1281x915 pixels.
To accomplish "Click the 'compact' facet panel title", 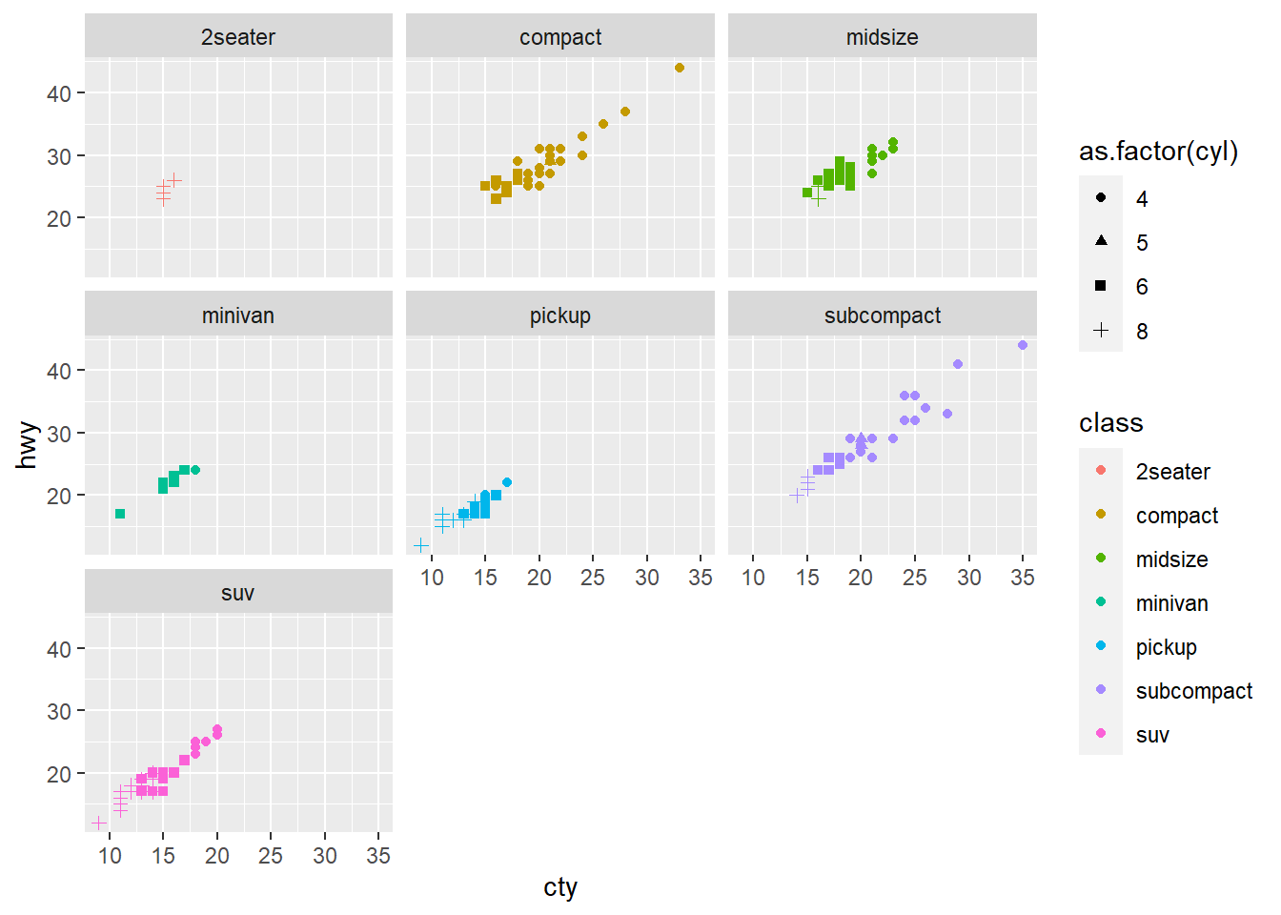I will [560, 37].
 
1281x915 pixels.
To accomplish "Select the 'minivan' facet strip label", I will [238, 315].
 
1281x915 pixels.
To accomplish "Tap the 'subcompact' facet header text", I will [882, 315].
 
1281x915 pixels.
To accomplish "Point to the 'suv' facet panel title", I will [238, 593].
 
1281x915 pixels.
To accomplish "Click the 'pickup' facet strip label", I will [560, 315].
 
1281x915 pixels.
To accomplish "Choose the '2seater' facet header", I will [238, 37].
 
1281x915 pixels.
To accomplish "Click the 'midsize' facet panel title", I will [882, 37].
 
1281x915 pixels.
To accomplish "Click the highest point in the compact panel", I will [680, 68].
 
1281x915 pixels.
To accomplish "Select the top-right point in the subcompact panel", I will [1023, 345].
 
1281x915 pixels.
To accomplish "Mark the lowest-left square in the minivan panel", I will [120, 514].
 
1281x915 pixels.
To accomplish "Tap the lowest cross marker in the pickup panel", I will [421, 545].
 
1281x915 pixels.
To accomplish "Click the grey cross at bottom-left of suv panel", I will [98, 823].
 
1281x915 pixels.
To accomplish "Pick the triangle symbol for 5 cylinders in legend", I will [1101, 241].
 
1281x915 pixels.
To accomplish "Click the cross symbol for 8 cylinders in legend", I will [1101, 330].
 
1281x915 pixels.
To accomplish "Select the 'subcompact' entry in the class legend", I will [1193, 691].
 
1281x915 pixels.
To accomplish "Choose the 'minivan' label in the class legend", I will [1171, 603].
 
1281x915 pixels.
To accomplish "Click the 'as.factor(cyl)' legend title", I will [1158, 152].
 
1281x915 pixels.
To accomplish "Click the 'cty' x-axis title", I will [560, 887].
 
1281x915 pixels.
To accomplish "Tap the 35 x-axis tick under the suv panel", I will [378, 856].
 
